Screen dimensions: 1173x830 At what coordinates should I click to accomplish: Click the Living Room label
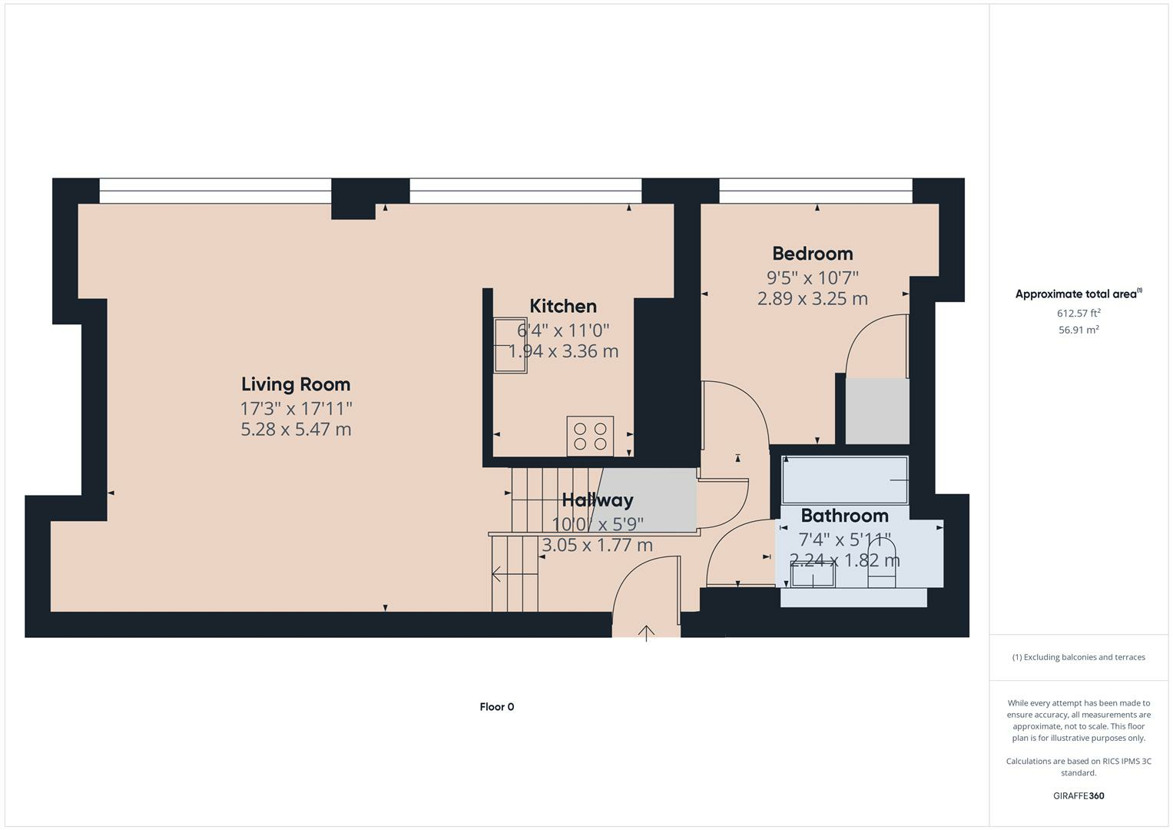click(x=295, y=384)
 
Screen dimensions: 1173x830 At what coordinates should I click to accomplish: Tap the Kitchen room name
click(x=563, y=306)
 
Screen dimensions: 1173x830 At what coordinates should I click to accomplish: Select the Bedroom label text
click(x=812, y=254)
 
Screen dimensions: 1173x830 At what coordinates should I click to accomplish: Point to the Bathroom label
click(x=845, y=516)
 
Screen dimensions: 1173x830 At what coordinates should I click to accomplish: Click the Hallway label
click(x=598, y=500)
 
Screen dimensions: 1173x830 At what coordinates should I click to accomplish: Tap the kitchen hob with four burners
click(x=590, y=436)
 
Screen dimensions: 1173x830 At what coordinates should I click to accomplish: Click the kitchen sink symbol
click(x=511, y=345)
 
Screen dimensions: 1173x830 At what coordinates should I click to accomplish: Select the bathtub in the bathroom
click(x=845, y=480)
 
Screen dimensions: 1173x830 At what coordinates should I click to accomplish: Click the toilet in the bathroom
click(x=882, y=565)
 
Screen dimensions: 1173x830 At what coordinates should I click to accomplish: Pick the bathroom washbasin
click(x=813, y=576)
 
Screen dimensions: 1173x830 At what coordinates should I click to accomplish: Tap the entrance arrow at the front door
click(x=647, y=633)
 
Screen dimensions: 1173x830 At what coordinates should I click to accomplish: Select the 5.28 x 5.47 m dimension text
click(x=296, y=430)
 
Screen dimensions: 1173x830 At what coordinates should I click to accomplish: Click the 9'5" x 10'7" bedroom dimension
click(x=812, y=277)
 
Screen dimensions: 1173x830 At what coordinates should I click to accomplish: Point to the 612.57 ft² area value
click(x=1079, y=313)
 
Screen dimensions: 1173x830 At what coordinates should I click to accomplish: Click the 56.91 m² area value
click(x=1079, y=330)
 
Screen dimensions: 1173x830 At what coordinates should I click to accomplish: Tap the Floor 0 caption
click(x=497, y=707)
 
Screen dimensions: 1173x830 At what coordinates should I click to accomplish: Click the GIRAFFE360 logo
click(x=1079, y=795)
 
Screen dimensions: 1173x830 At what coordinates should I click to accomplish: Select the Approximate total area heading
click(x=1079, y=294)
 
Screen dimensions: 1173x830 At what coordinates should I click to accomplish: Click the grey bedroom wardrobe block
click(x=877, y=411)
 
